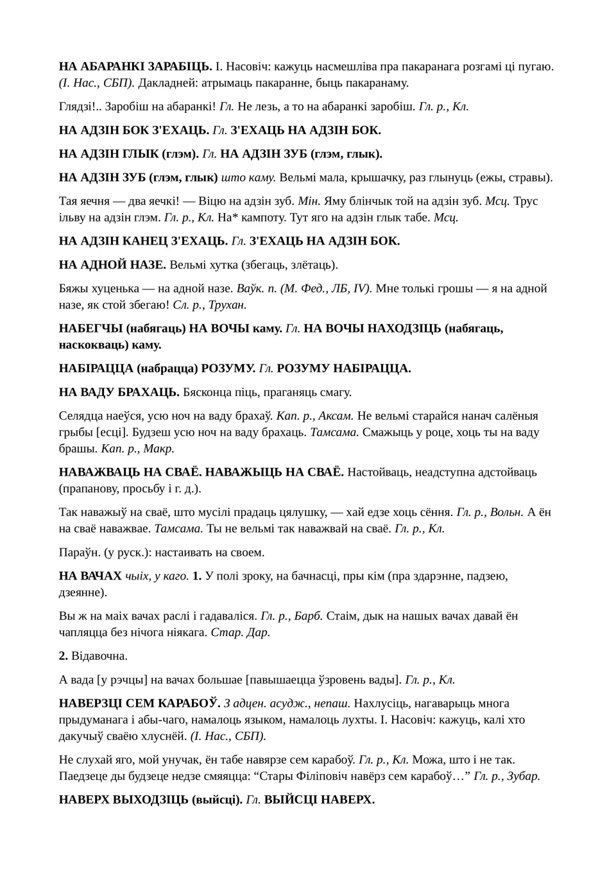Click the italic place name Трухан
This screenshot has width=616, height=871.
pyautogui.click(x=227, y=306)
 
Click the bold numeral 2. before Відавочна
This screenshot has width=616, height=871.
pyautogui.click(x=64, y=656)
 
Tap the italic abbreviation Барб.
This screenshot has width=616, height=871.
pyautogui.click(x=309, y=616)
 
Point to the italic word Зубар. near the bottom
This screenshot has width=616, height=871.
pyautogui.click(x=524, y=777)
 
